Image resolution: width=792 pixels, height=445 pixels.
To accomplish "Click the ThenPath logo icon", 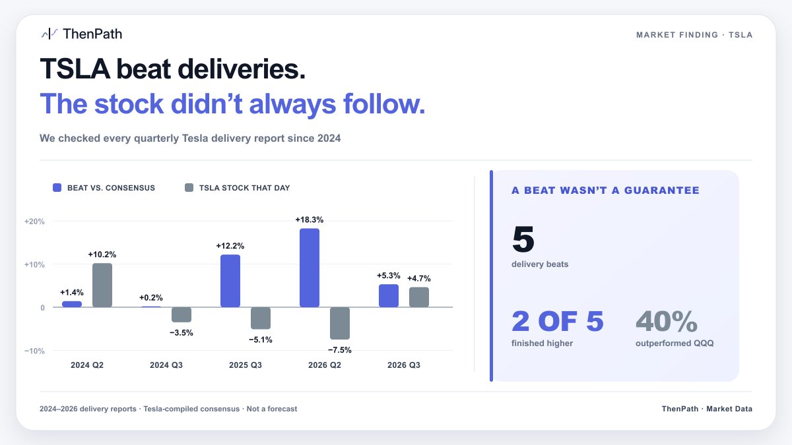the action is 49,34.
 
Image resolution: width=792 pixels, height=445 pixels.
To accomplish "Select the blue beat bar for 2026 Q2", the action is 310,268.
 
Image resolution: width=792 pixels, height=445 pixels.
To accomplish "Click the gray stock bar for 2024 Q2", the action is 102,285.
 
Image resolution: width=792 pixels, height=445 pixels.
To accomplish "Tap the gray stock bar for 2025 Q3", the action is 261,318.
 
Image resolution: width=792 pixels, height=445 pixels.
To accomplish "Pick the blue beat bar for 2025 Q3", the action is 230,281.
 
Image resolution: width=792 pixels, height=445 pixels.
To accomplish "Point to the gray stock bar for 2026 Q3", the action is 419,297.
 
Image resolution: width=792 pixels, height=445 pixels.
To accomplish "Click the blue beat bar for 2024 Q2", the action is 72,304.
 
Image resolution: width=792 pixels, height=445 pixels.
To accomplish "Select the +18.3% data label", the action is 310,220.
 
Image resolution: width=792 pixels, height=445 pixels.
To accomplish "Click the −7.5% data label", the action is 340,350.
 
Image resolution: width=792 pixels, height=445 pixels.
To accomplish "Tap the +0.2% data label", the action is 151,298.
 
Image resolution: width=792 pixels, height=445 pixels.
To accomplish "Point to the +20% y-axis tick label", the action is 34,222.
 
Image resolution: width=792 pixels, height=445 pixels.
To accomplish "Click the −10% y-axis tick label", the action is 34,351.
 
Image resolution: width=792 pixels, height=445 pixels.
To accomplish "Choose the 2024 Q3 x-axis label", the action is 166,365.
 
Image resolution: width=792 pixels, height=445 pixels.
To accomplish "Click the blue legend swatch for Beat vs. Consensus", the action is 57,187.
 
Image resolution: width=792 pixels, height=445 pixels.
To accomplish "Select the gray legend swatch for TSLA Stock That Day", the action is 189,187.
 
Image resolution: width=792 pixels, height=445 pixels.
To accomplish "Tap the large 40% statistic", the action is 667,321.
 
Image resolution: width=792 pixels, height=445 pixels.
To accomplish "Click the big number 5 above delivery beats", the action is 523,239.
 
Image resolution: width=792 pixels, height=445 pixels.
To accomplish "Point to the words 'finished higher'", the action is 542,343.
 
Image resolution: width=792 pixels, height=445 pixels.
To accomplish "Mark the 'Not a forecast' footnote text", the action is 271,409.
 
